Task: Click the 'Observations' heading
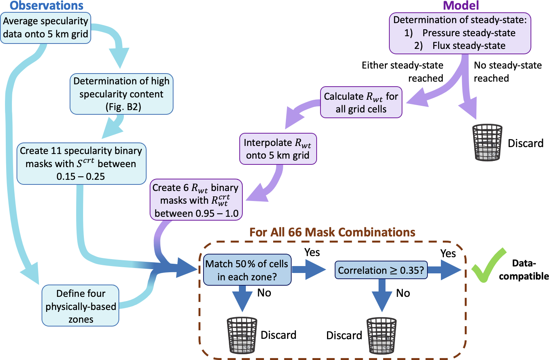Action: point(47,6)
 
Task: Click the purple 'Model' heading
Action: point(461,6)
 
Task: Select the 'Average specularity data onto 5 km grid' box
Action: point(46,28)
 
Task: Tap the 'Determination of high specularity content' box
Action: point(122,94)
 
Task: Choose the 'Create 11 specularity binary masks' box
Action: point(81,164)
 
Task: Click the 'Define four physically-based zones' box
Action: point(80,306)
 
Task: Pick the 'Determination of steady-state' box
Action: point(460,33)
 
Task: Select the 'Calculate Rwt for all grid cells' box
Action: point(361,102)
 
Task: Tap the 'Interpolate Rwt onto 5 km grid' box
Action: point(278,149)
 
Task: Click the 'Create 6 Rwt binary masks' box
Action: point(196,200)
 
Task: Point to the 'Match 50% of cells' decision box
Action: point(247,270)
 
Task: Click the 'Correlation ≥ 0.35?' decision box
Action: point(381,270)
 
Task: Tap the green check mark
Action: point(488,265)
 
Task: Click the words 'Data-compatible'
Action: point(524,270)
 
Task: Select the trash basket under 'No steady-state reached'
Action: point(487,142)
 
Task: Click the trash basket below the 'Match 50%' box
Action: point(242,335)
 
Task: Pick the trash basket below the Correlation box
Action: point(382,335)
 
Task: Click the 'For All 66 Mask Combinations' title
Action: point(332,233)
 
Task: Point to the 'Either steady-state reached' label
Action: point(402,72)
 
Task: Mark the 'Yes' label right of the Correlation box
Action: point(448,253)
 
